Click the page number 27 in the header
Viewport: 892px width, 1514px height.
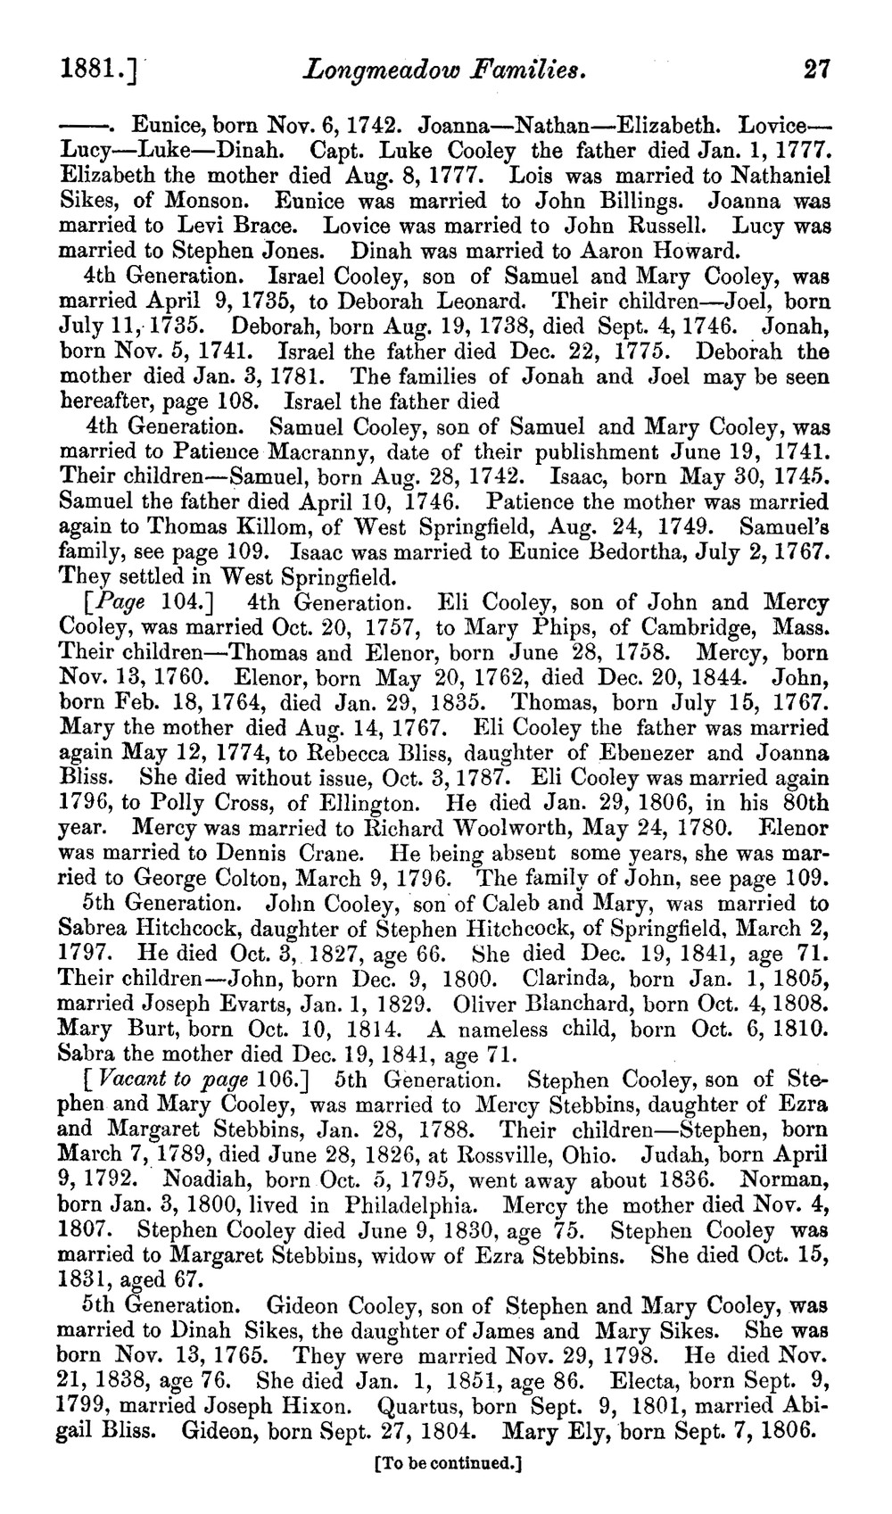point(816,69)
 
